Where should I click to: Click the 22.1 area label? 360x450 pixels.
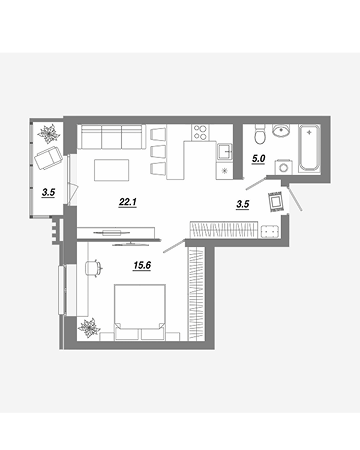tap(128, 202)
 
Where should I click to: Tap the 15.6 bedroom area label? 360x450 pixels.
tap(142, 265)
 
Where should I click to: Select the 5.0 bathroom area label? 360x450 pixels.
tap(258, 159)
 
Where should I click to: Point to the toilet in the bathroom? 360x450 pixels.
tap(260, 134)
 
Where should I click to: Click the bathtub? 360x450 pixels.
tap(310, 148)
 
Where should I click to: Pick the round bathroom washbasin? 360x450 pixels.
tap(281, 130)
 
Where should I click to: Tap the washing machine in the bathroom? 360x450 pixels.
tap(284, 167)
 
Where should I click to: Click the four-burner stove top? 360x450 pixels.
tap(200, 132)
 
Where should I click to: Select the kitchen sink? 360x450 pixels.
tap(225, 152)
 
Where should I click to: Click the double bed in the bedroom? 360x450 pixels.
tap(140, 312)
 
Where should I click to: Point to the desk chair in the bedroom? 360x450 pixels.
tap(94, 268)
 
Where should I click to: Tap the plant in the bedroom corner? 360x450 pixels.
tap(89, 328)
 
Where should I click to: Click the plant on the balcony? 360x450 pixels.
tap(49, 133)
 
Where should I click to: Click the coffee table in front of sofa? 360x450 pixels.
tap(112, 170)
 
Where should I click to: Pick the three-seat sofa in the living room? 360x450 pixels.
tap(112, 137)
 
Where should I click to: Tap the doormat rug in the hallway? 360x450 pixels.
tap(276, 202)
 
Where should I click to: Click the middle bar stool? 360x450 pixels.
tap(158, 151)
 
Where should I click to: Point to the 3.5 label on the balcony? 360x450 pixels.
tap(48, 192)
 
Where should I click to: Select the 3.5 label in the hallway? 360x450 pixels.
tap(243, 204)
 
